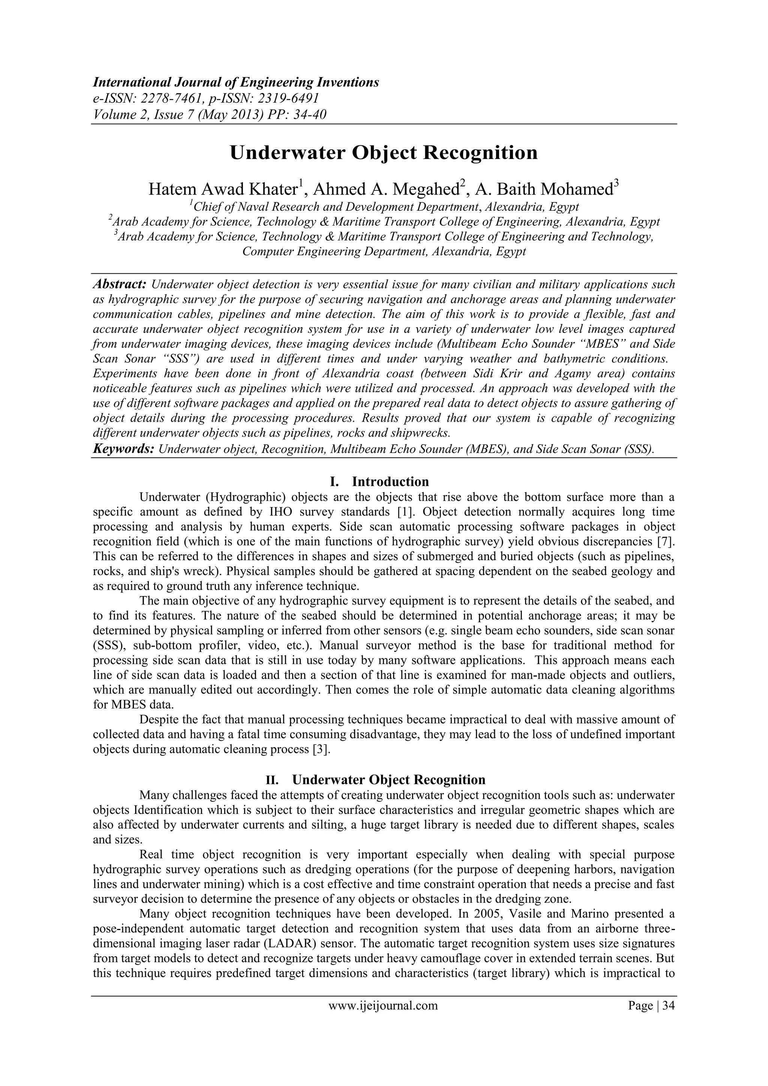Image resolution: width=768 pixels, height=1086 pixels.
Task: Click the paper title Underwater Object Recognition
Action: click(383, 153)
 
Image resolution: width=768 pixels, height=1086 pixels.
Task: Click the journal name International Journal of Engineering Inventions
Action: click(235, 83)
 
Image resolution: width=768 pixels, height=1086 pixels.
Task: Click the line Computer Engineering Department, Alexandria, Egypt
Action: click(384, 252)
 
